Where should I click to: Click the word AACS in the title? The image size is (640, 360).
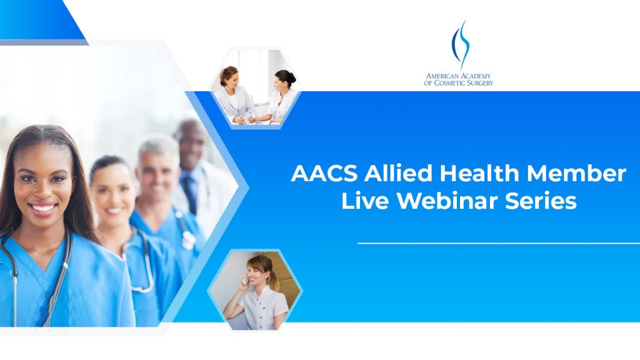pos(324,174)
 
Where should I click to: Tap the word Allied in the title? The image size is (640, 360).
pos(398,173)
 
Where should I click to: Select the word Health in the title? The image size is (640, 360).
pos(479,173)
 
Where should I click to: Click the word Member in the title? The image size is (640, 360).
pos(576,174)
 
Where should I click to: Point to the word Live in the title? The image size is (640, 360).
pos(365,201)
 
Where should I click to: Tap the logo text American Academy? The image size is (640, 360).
pos(458,76)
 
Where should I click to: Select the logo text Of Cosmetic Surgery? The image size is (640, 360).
pos(458,83)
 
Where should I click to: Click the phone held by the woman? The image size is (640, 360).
pos(245,280)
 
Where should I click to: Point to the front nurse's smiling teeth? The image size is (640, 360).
pos(43,209)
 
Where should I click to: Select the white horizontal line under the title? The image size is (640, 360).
pos(498,243)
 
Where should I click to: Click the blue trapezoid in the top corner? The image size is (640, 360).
pos(43,20)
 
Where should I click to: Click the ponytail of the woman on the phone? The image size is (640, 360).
pos(274,277)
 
